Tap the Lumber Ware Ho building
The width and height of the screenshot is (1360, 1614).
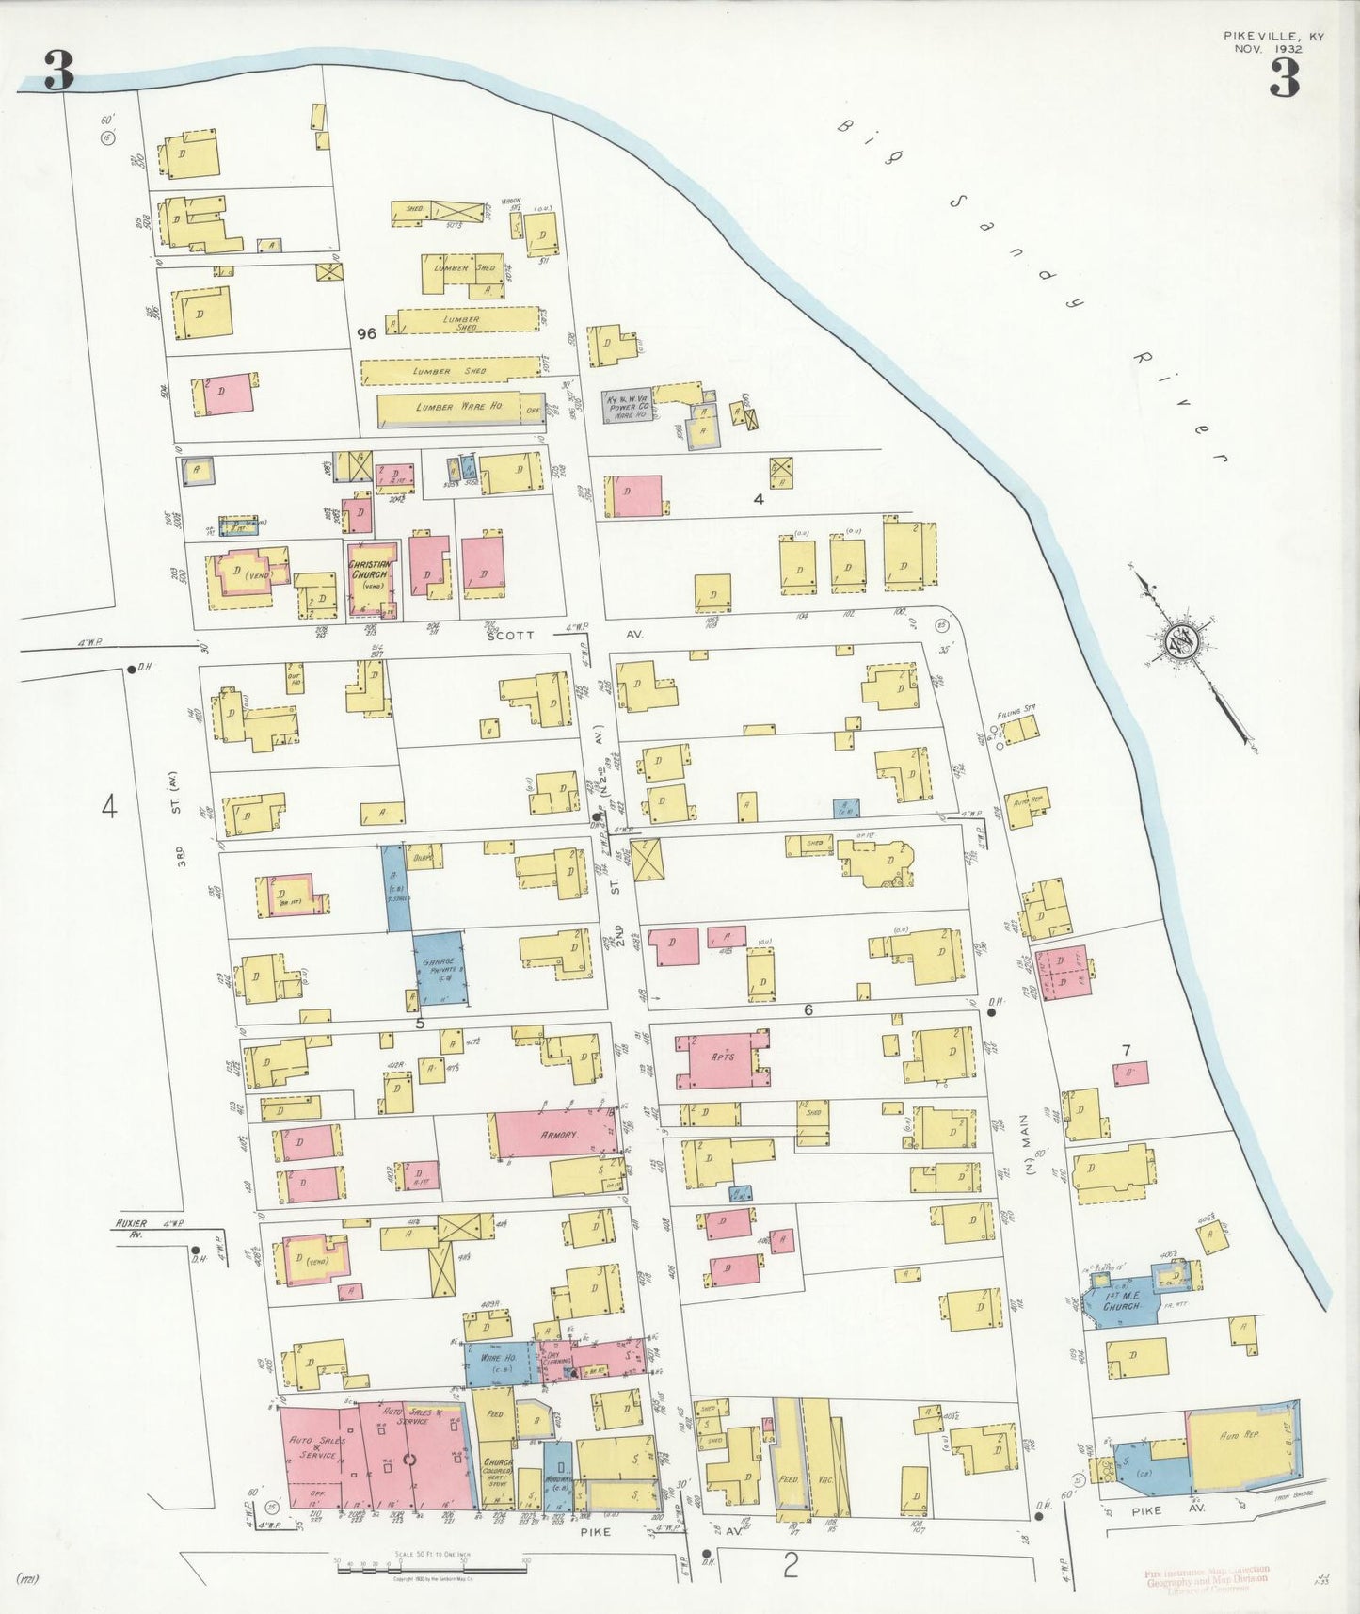point(454,409)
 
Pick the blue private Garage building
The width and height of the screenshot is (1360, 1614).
point(440,969)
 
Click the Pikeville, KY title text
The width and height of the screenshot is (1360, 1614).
point(1273,36)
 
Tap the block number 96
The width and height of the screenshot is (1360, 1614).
point(366,333)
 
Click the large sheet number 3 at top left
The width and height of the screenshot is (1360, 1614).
point(58,72)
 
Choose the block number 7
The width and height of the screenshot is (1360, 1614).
point(1125,1050)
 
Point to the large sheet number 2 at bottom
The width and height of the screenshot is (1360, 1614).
point(791,1564)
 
